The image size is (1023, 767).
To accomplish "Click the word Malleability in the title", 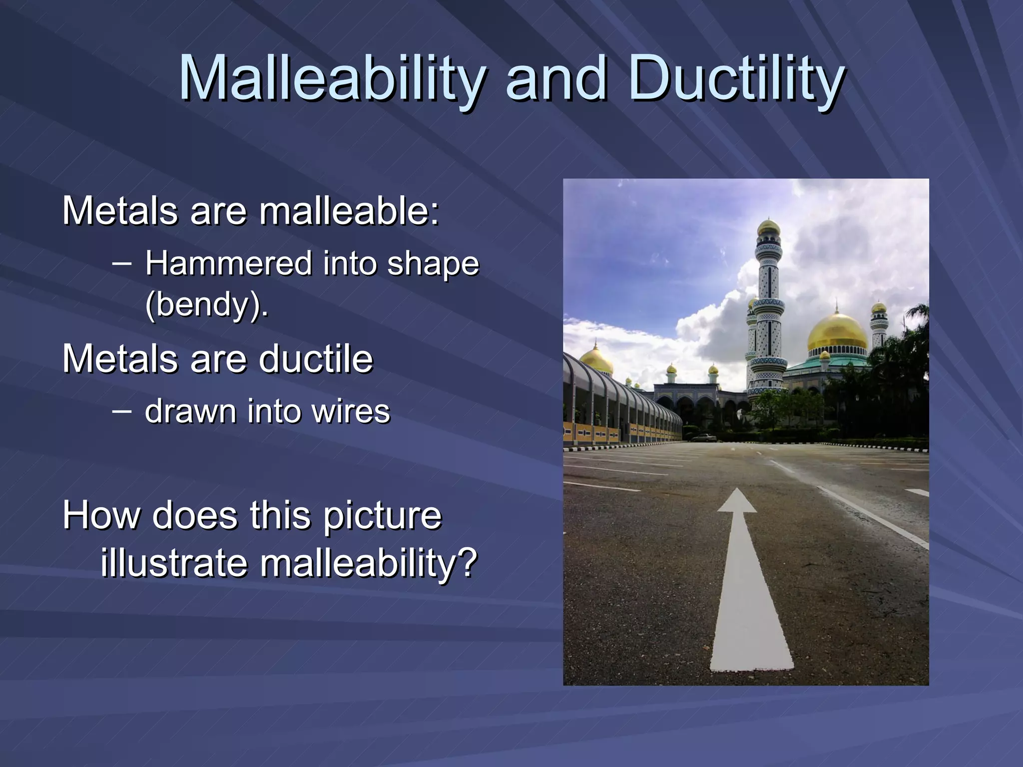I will click(332, 79).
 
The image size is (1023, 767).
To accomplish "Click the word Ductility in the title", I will click(736, 79).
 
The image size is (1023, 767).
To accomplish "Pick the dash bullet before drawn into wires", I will click(122, 411).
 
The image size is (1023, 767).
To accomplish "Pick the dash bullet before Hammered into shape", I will click(122, 263).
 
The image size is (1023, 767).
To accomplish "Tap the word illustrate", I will click(174, 563).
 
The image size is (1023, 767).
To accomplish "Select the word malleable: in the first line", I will click(349, 211).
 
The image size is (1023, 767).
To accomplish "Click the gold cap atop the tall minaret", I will click(768, 228).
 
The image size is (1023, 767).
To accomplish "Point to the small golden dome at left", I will click(596, 359).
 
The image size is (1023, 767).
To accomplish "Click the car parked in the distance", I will click(704, 438).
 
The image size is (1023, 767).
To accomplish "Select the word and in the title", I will click(555, 79).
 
